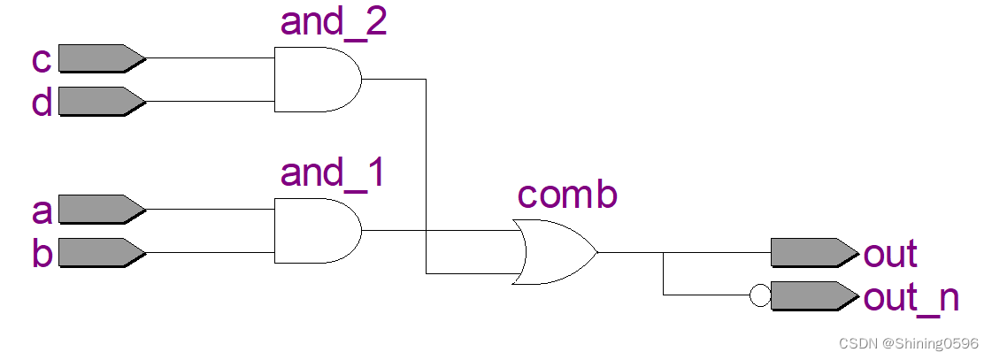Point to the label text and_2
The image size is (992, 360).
point(334,21)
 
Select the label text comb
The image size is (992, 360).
point(566,195)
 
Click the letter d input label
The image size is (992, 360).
point(41,102)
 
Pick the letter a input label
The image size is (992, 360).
point(42,212)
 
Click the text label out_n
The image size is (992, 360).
point(911,298)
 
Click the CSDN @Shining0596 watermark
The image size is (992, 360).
point(909,342)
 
